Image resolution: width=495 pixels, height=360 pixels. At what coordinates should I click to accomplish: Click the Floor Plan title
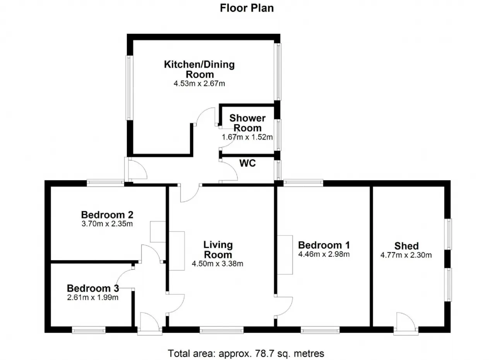click(247, 8)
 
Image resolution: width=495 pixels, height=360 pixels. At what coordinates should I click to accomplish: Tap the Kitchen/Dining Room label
click(199, 69)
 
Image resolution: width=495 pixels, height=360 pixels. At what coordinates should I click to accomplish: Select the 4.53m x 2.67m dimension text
click(199, 84)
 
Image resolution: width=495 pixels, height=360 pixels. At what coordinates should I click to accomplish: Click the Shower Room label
click(247, 123)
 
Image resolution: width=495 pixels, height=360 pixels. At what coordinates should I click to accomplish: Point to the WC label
click(247, 163)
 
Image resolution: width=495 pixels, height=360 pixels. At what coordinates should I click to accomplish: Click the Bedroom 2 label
click(107, 215)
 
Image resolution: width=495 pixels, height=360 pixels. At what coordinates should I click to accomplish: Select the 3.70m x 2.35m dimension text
click(107, 224)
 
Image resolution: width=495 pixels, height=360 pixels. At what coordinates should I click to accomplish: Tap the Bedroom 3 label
click(93, 288)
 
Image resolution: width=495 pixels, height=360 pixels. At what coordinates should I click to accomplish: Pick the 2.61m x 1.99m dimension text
click(93, 297)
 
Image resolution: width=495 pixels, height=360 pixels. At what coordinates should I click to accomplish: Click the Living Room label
click(218, 250)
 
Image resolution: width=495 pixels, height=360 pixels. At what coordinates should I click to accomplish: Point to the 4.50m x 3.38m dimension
click(217, 264)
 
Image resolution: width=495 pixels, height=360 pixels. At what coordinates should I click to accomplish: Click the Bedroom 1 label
click(324, 245)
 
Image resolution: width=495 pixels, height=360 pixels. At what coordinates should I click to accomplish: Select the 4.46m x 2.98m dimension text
click(324, 254)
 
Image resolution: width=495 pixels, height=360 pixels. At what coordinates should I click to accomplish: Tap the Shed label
click(406, 246)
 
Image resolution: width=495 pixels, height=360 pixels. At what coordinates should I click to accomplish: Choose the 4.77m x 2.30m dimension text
click(406, 255)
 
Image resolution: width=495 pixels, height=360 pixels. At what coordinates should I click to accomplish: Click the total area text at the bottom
click(246, 353)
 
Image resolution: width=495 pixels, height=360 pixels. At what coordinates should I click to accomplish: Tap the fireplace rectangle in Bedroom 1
click(285, 255)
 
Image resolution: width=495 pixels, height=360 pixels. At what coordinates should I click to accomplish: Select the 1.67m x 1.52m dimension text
click(247, 137)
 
